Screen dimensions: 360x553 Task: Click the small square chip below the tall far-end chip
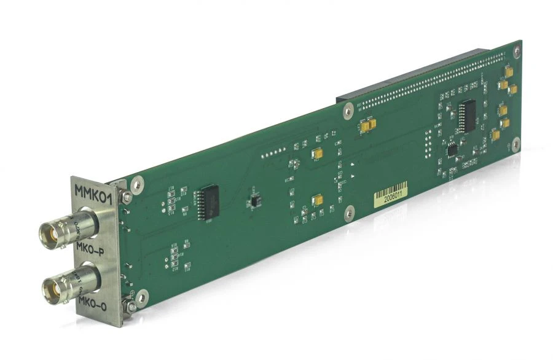[x=452, y=149]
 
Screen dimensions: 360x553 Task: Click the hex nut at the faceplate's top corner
[x=125, y=195]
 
